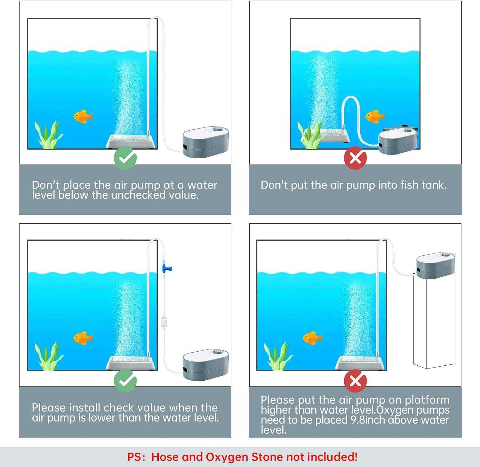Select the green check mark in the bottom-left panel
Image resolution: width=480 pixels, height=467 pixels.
click(125, 381)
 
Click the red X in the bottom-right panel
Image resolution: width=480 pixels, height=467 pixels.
click(355, 381)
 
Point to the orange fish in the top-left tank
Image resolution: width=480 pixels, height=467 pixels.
click(83, 116)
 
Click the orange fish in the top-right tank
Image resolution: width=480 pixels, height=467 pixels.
click(375, 116)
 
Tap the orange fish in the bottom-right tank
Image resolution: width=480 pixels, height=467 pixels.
click(312, 338)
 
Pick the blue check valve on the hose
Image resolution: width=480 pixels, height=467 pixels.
click(166, 267)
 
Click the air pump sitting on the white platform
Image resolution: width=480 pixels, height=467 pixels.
click(436, 265)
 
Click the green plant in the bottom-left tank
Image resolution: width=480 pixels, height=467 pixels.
click(49, 356)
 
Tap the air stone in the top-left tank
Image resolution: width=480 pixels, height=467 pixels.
click(131, 141)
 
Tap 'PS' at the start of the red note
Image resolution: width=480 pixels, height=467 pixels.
click(134, 457)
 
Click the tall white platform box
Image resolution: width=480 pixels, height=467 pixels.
click(434, 321)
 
